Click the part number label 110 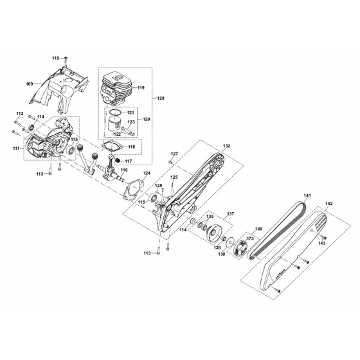pyautogui.click(x=55, y=59)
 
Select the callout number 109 pyautogui.click(x=29, y=84)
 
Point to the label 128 pyautogui.click(x=161, y=97)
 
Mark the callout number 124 pyautogui.click(x=147, y=174)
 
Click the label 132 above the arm pyautogui.click(x=226, y=147)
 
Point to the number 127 pyautogui.click(x=174, y=154)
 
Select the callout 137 pyautogui.click(x=230, y=213)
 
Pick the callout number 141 pyautogui.click(x=307, y=195)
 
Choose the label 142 pyautogui.click(x=328, y=203)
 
